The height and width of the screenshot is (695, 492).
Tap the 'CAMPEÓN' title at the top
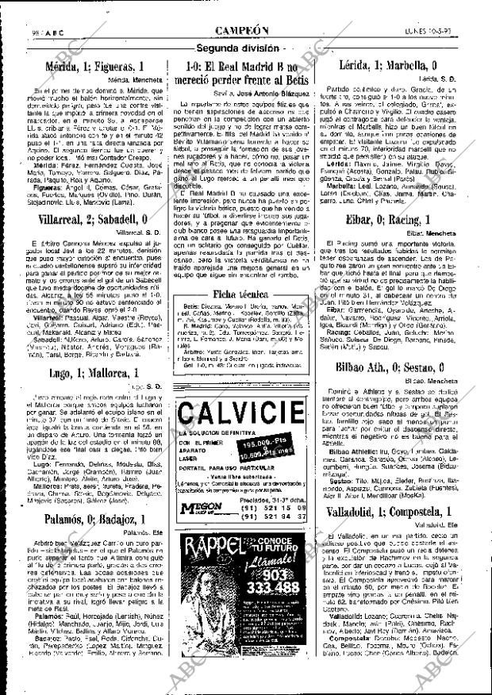coord(246,30)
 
